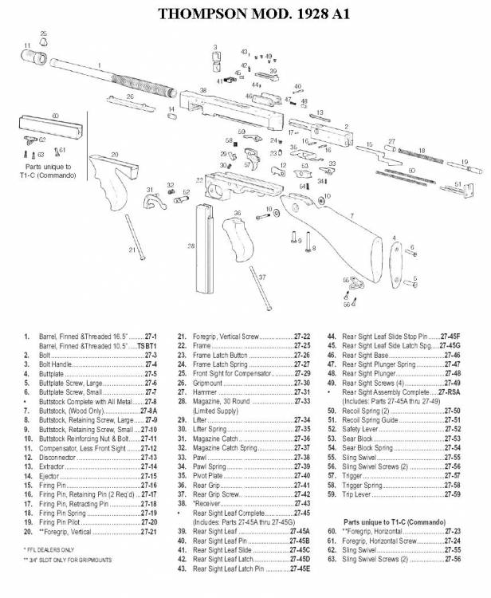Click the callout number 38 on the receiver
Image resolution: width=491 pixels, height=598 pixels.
[x=204, y=92]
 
